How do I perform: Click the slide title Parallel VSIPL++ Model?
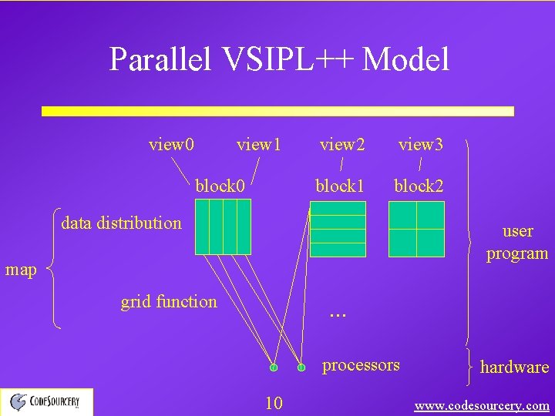tap(279, 59)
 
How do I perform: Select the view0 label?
tap(171, 144)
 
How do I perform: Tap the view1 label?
tap(259, 144)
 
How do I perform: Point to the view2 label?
tap(342, 144)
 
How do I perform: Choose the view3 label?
tap(420, 144)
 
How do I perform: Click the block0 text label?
tap(220, 186)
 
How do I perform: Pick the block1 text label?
tap(339, 186)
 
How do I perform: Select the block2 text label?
tap(419, 186)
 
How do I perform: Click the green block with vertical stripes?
tap(223, 226)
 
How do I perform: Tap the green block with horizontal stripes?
tap(337, 229)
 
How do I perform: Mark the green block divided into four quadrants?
tap(416, 229)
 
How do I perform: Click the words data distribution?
tap(121, 223)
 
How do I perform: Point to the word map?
tap(21, 270)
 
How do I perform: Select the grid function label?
tap(169, 302)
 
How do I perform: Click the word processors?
tap(361, 364)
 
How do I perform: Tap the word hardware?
tap(514, 367)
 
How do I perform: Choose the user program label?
tap(516, 242)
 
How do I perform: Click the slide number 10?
tap(274, 402)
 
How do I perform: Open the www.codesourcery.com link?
tap(482, 405)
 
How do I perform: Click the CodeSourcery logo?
tap(46, 401)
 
